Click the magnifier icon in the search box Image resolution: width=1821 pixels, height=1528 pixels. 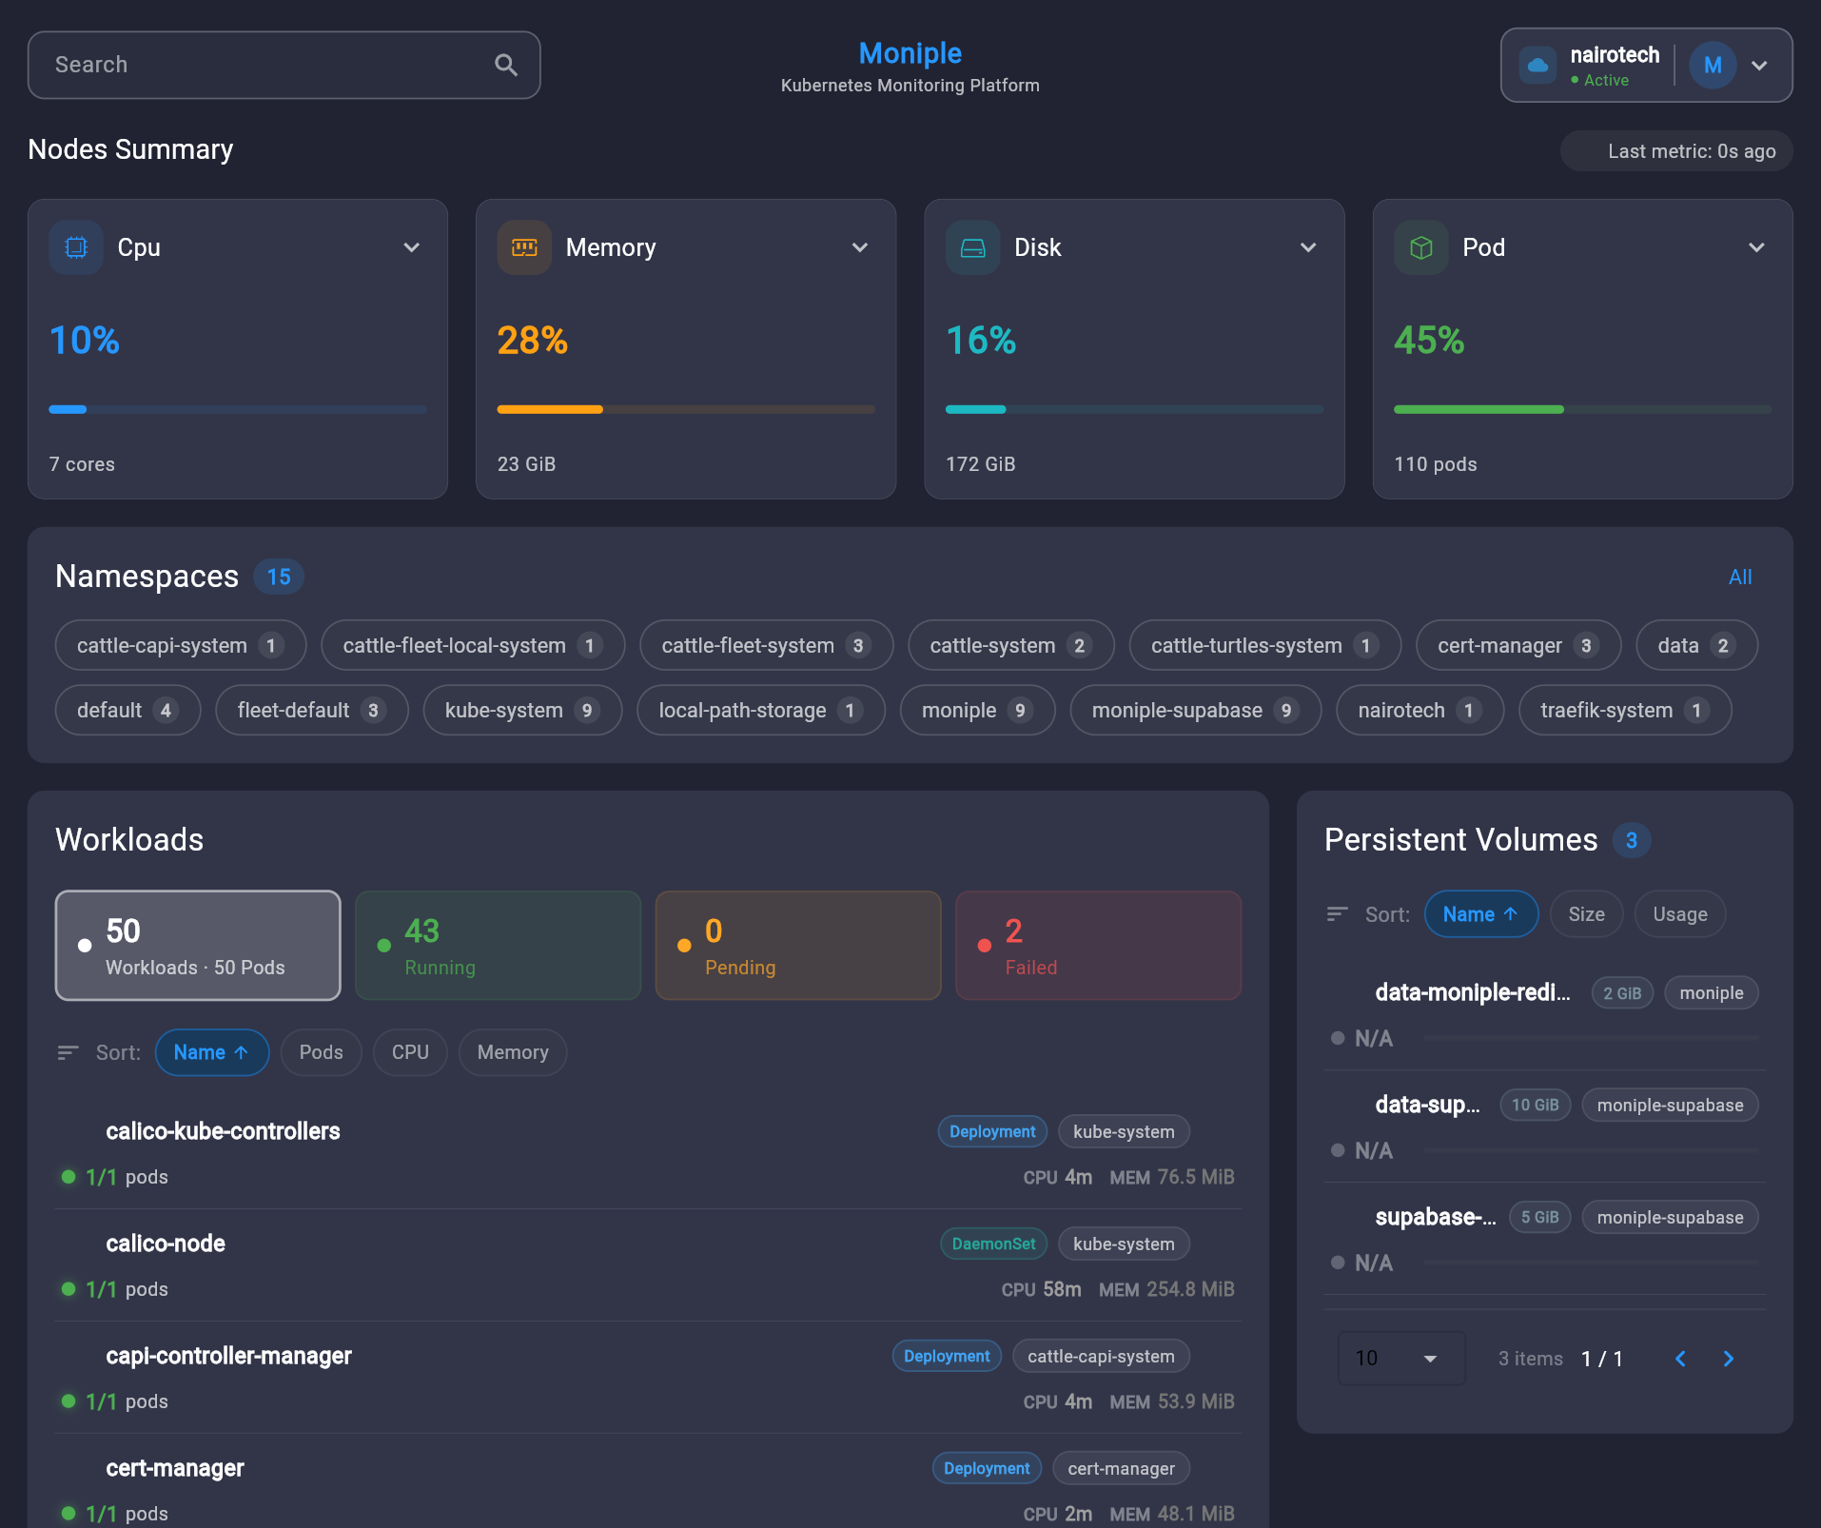(506, 65)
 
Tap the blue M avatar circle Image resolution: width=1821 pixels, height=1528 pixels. (1713, 66)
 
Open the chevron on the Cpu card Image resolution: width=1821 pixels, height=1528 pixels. (412, 247)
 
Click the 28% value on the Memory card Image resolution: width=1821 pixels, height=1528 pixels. (532, 341)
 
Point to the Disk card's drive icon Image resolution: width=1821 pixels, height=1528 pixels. (972, 247)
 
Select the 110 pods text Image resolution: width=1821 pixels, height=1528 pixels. (1435, 464)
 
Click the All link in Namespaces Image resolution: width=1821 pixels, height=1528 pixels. (1739, 577)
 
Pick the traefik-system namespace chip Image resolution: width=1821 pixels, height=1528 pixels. (1624, 711)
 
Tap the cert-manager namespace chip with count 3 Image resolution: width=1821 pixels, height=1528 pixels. (1517, 646)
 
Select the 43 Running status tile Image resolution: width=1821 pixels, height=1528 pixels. (498, 946)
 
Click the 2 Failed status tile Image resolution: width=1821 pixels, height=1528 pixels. (1098, 946)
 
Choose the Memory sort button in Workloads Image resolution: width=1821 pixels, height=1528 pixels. (513, 1052)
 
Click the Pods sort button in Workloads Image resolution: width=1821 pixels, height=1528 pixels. (321, 1052)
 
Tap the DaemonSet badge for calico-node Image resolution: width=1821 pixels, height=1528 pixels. (993, 1244)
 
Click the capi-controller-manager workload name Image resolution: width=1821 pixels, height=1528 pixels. (228, 1357)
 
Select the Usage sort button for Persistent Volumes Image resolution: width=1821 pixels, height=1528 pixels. (1679, 914)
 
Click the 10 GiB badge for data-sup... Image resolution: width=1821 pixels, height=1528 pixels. (1535, 1106)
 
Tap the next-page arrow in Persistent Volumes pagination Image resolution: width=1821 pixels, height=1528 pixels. (1728, 1359)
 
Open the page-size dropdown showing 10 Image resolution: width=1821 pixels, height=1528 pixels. (1400, 1359)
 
